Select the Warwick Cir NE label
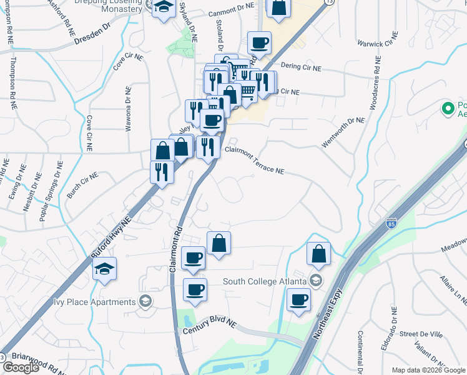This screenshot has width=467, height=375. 377,44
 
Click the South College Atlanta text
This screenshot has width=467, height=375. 265,281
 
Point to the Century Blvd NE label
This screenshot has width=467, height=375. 209,326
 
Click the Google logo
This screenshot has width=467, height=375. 21,367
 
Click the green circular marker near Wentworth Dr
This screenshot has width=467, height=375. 447,109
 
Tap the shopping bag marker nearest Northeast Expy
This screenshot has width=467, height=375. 318,253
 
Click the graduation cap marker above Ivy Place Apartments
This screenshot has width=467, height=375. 104,269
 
